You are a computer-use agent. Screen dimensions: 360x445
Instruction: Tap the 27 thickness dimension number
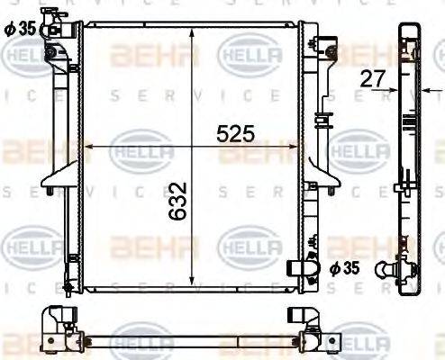pos(370,78)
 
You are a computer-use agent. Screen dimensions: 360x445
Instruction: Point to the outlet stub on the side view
pos(394,269)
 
